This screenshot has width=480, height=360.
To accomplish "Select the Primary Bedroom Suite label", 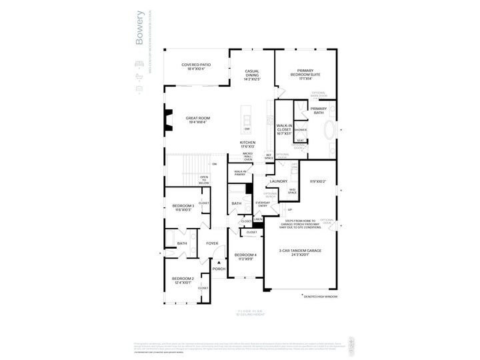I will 306,75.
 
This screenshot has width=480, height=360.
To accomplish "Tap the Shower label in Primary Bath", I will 301,130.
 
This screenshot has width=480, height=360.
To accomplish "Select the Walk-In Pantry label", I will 240,173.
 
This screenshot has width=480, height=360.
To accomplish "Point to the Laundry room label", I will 278,181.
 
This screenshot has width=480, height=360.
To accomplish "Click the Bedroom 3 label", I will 183,208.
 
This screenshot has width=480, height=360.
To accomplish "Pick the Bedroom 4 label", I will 245,257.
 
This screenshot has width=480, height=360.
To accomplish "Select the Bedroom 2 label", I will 183,280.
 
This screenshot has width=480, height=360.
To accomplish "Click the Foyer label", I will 212,244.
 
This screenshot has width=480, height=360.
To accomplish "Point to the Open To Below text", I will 204,181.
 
